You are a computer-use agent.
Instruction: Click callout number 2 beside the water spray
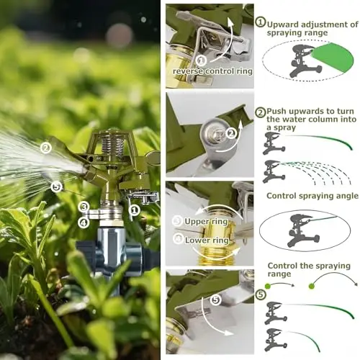[46, 148]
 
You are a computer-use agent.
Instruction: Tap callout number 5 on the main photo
[56, 187]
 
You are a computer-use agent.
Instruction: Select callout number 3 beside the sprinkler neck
[84, 207]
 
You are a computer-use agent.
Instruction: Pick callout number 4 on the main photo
[84, 222]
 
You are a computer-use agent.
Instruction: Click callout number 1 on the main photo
[134, 210]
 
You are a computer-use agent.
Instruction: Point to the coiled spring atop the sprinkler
[113, 145]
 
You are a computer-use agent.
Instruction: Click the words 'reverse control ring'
[212, 71]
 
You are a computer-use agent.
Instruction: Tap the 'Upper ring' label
[206, 221]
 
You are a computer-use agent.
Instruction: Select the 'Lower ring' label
[207, 240]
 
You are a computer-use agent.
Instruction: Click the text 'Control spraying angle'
[312, 196]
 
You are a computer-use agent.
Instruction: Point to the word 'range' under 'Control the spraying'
[279, 274]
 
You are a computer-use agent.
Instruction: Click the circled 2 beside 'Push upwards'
[261, 112]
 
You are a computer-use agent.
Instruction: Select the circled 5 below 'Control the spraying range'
[261, 294]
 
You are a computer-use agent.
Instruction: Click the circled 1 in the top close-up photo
[201, 60]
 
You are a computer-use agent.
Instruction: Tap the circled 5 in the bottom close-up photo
[215, 300]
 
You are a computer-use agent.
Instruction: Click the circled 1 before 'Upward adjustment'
[261, 22]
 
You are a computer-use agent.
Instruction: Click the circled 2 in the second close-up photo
[231, 133]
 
